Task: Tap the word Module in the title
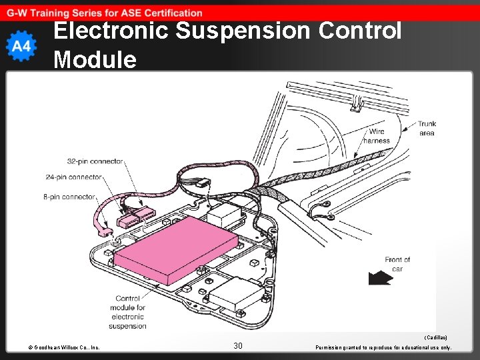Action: tap(95, 59)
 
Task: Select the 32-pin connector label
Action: tap(95, 161)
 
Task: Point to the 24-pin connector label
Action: tap(73, 177)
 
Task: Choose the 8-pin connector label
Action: tap(69, 197)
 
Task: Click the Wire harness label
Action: tap(377, 136)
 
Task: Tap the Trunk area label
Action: tap(427, 129)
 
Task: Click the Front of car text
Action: tap(397, 264)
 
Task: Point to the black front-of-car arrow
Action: tap(379, 278)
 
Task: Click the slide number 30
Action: tap(238, 345)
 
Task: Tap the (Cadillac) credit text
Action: tap(435, 338)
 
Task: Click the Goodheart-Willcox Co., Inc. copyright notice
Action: tap(64, 347)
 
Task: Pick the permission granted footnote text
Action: tap(383, 347)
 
